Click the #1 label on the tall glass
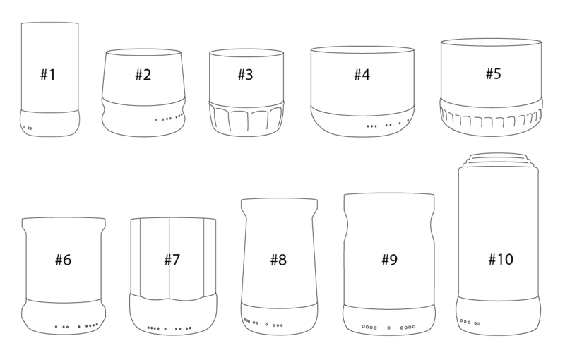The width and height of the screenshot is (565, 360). coord(47,75)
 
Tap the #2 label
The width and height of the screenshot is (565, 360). coord(143,75)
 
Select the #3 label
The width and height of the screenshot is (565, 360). coord(245,75)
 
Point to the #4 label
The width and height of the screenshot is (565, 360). coord(362,75)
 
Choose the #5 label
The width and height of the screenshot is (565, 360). coord(493,73)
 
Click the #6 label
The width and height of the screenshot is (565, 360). coord(63,259)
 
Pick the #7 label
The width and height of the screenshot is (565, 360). coord(172,259)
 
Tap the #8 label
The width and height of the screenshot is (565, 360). coord(278,259)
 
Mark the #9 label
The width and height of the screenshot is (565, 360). coord(390,259)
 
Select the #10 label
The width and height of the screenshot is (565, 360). coord(501,259)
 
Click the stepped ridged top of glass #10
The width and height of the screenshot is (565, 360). coord(499,160)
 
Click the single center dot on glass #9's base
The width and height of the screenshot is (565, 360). coord(389,328)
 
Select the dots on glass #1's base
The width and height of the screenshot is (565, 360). coord(28,128)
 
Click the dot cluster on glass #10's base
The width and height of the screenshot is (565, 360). coord(470,322)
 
